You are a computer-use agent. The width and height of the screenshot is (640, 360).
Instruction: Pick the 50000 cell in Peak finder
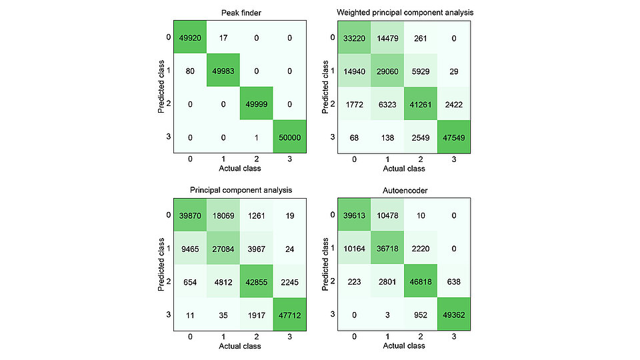tap(289, 137)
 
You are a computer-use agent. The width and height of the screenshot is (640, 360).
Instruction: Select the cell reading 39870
tap(190, 215)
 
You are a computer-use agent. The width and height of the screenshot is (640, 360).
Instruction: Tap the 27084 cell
tap(223, 248)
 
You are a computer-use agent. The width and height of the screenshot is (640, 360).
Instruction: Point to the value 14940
tap(355, 71)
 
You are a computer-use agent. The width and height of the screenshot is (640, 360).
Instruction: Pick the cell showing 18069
tap(223, 215)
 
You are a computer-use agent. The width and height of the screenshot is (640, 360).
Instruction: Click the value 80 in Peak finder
tap(190, 71)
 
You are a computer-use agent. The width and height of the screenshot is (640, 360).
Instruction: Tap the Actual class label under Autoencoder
tap(404, 346)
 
